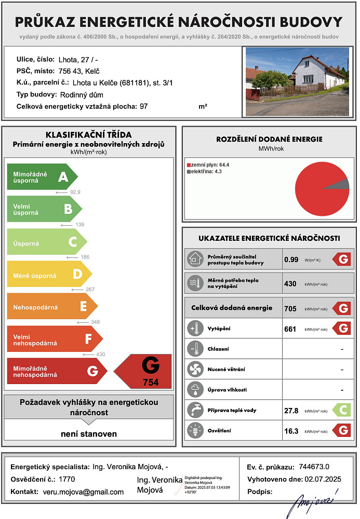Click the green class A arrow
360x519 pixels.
pos(42,177)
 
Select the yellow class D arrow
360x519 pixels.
pos(49,276)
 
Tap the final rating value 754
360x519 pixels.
pos(151,383)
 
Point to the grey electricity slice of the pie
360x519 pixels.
pos(339,184)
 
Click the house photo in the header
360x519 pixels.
pos(297,74)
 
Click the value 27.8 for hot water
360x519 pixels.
pos(291,411)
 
